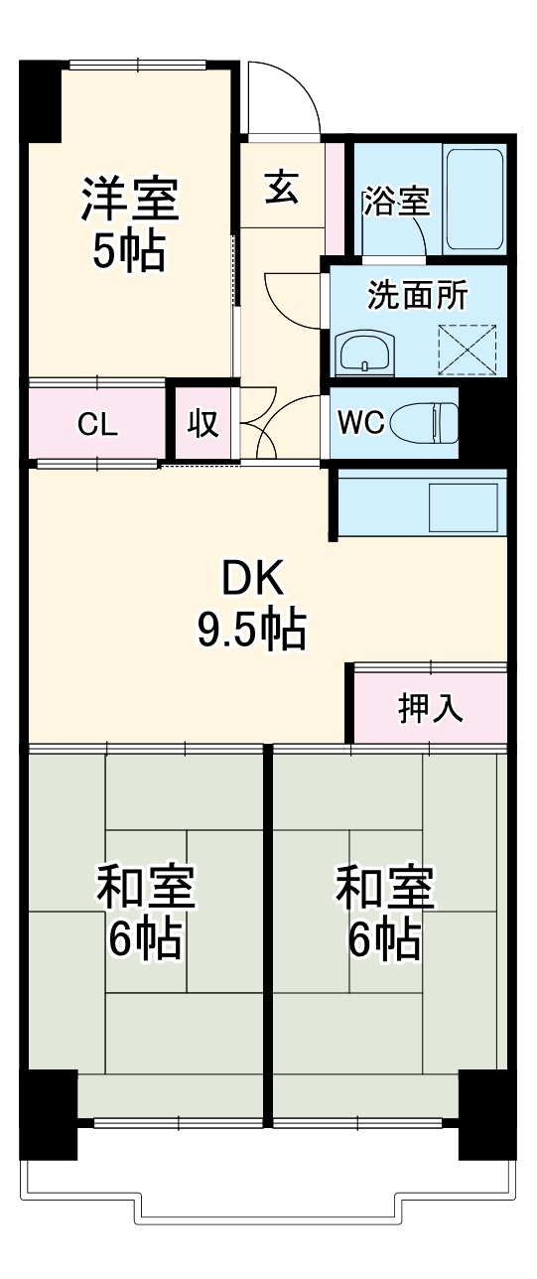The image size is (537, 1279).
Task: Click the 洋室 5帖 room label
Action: click(129, 223)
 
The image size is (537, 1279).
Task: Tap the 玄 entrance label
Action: click(282, 188)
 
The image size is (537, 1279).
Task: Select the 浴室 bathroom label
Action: click(396, 202)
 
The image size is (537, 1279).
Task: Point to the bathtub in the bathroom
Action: click(474, 200)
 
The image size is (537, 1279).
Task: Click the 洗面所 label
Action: click(418, 295)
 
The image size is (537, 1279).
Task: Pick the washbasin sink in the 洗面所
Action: click(365, 352)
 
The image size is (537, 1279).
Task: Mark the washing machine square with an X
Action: click(467, 349)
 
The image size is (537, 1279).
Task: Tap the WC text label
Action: click(359, 422)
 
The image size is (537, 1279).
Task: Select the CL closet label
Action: click(98, 424)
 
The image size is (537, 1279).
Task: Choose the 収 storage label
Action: click(203, 423)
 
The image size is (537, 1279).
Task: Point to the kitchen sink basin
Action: click(462, 506)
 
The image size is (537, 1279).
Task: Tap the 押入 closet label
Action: click(430, 708)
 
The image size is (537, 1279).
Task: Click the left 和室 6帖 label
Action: click(145, 912)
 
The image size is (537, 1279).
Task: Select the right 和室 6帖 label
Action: click(384, 912)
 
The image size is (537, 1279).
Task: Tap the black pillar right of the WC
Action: click(483, 422)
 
